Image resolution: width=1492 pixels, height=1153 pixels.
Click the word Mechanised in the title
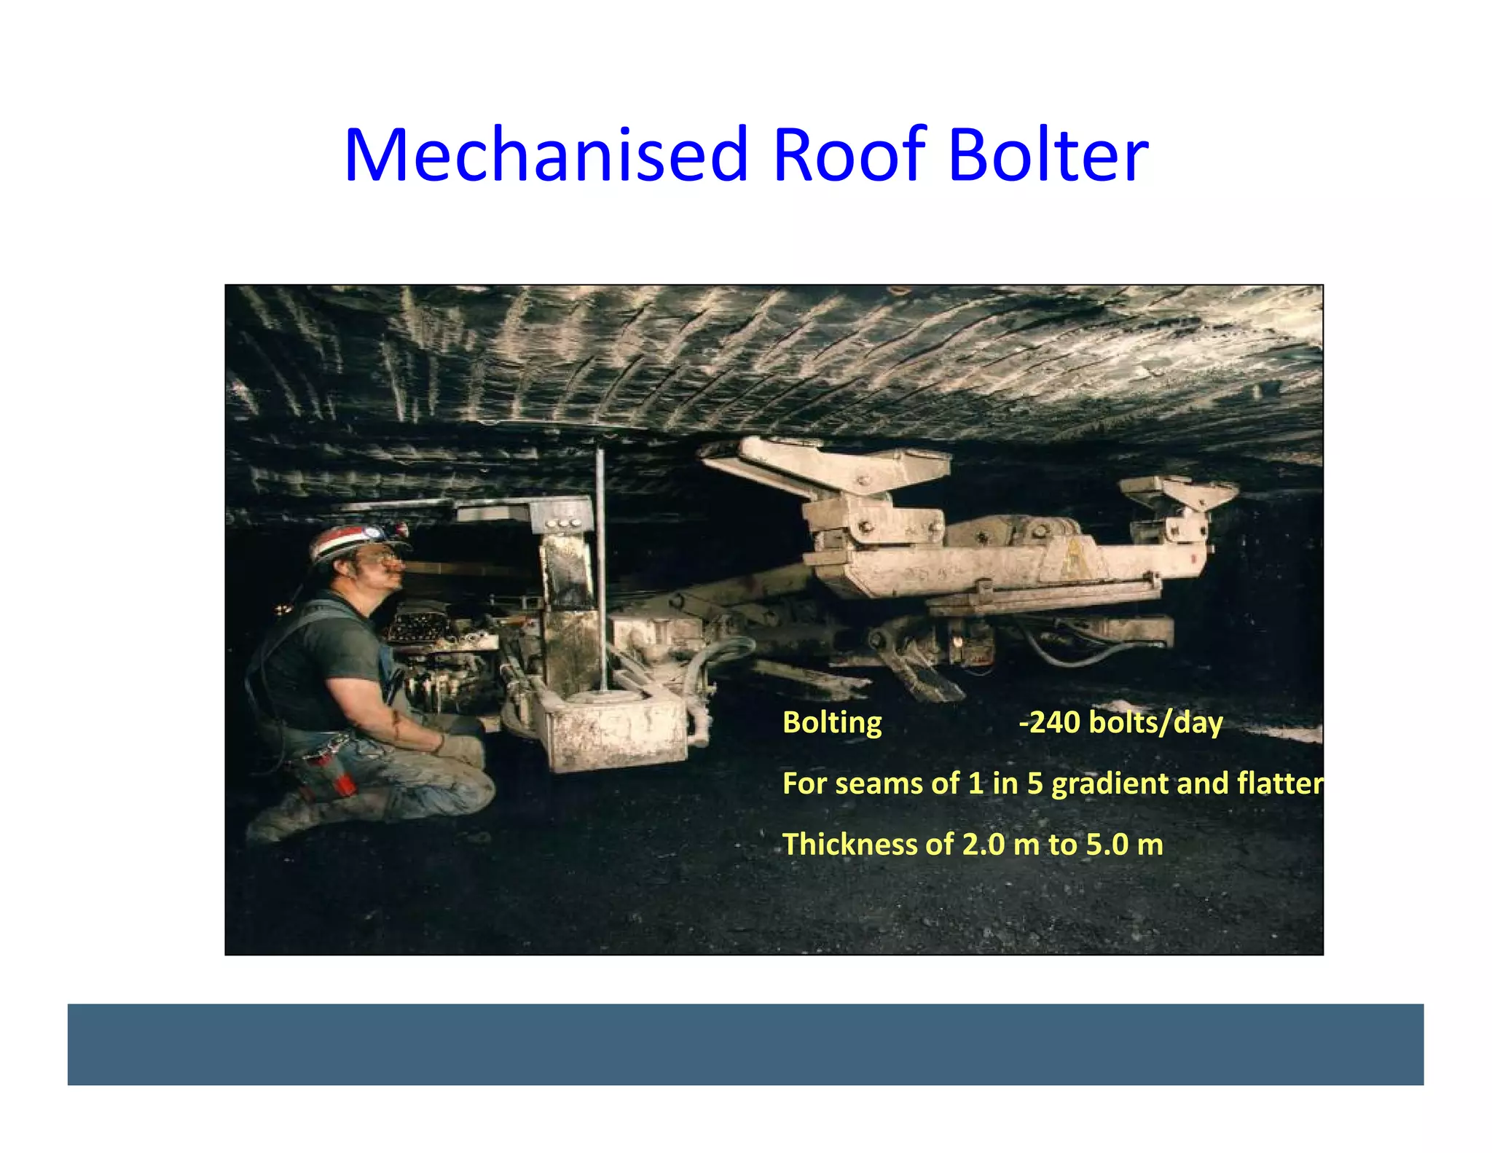(x=546, y=155)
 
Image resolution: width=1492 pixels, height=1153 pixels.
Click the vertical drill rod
(x=601, y=568)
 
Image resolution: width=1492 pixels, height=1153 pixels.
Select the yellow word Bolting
(x=831, y=723)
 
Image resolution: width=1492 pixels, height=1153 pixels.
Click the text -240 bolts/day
(x=1120, y=723)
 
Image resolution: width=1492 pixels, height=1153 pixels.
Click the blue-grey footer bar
(x=745, y=1044)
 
